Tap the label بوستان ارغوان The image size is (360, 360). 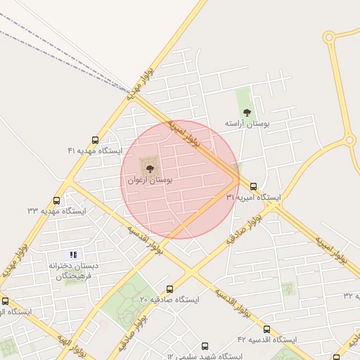[x=150, y=180]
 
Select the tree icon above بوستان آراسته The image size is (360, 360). [x=246, y=112]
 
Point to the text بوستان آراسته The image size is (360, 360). [x=247, y=124]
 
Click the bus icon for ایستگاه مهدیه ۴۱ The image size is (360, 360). [x=95, y=140]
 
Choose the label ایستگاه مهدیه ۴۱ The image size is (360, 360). [x=95, y=151]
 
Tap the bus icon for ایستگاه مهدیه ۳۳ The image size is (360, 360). [x=56, y=200]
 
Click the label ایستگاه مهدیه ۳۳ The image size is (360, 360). [x=56, y=211]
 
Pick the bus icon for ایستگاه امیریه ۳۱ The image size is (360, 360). [x=253, y=187]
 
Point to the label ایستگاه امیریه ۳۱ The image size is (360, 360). [x=253, y=198]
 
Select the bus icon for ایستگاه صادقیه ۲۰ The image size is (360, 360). [x=169, y=289]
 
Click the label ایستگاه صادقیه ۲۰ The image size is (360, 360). [x=169, y=300]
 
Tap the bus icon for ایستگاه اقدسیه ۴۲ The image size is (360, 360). [x=266, y=328]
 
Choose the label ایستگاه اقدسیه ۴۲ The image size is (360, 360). [x=266, y=340]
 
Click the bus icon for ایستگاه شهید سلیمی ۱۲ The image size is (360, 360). [x=205, y=346]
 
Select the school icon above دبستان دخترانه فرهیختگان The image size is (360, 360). [x=73, y=255]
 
